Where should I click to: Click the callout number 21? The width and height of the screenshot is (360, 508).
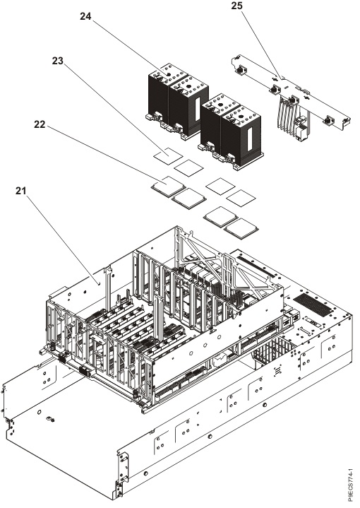click(20, 191)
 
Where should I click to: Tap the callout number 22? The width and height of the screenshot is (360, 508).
click(40, 124)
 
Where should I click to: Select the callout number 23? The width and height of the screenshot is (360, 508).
click(58, 61)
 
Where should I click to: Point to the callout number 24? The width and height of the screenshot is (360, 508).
click(85, 16)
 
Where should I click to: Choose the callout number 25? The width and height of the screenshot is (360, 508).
click(237, 6)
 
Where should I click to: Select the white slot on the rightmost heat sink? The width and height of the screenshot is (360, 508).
click(250, 139)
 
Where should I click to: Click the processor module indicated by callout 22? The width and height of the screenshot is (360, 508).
click(168, 186)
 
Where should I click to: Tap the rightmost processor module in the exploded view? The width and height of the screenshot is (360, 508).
click(241, 229)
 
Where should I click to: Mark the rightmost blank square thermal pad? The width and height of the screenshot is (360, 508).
click(241, 198)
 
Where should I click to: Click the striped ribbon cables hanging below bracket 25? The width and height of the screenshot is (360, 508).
click(285, 115)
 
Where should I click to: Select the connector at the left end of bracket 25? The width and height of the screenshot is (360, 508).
click(240, 69)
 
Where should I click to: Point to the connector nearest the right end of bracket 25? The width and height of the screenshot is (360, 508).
click(329, 121)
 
